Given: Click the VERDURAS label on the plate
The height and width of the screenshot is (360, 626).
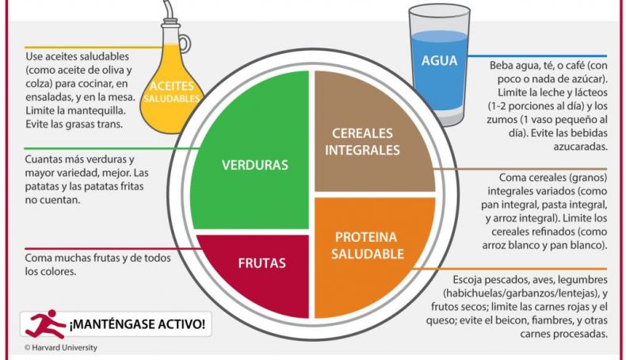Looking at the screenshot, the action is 254,165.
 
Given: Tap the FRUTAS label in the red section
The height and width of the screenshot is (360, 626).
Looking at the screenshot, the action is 262,263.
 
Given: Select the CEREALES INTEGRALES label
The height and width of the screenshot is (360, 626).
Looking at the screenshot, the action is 362,141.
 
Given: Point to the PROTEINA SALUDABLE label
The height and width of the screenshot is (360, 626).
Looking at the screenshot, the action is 368,245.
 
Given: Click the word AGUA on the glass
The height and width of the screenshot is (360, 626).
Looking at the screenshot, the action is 439,61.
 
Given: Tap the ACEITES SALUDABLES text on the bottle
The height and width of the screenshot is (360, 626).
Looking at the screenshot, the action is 172,92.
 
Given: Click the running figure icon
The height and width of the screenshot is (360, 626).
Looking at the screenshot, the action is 44,324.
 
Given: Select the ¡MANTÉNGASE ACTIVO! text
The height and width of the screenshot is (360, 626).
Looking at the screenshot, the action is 138,324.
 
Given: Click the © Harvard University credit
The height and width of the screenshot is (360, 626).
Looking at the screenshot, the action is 61,347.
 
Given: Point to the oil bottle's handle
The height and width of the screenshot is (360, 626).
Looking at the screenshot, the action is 185,43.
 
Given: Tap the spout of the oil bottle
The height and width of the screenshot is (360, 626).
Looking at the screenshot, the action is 170,10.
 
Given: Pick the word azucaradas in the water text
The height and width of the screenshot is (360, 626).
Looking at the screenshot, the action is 580,147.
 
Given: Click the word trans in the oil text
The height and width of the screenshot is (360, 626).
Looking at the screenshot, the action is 110,124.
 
